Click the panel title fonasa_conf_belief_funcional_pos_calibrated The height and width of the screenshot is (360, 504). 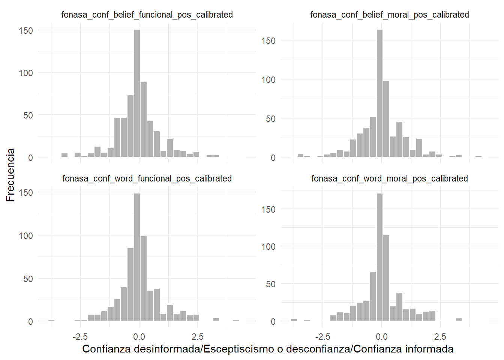[147, 15]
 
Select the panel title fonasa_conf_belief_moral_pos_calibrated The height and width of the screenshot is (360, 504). [390, 15]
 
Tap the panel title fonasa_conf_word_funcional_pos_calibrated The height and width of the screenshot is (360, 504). [147, 178]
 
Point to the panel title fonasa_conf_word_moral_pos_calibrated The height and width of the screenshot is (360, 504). [390, 178]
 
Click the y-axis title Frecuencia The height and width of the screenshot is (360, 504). [10, 175]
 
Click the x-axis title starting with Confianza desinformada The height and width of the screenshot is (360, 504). [268, 349]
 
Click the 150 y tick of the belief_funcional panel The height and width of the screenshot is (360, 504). [26, 30]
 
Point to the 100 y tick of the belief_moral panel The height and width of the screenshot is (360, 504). [268, 79]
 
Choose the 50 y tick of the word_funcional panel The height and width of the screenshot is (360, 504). [28, 279]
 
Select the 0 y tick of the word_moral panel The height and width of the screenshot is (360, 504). [273, 321]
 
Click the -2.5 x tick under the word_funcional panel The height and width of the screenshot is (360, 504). [80, 336]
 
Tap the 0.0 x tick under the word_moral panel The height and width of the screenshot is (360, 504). [382, 336]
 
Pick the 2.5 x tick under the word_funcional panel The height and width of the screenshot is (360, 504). [198, 336]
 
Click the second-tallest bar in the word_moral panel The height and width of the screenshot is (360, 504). [386, 277]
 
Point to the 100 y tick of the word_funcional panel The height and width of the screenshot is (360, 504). [26, 235]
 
